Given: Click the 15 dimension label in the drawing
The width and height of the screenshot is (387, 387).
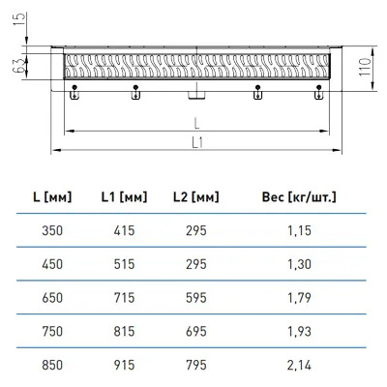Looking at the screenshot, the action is (19, 20).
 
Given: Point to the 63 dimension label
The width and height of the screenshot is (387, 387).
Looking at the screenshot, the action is (19, 65).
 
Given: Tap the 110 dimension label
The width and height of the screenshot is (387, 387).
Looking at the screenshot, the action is (366, 67).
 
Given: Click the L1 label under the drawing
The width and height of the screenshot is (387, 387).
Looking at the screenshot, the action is (197, 142).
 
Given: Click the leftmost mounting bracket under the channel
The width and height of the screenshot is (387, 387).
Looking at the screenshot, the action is (74, 93).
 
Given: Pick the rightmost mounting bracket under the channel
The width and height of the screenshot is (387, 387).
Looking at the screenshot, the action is (318, 93).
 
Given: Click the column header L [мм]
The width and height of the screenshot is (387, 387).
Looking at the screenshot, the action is (52, 196).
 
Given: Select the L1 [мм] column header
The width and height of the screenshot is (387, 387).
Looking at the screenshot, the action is (124, 196).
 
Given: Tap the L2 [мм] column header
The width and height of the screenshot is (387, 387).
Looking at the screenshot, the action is (196, 196).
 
